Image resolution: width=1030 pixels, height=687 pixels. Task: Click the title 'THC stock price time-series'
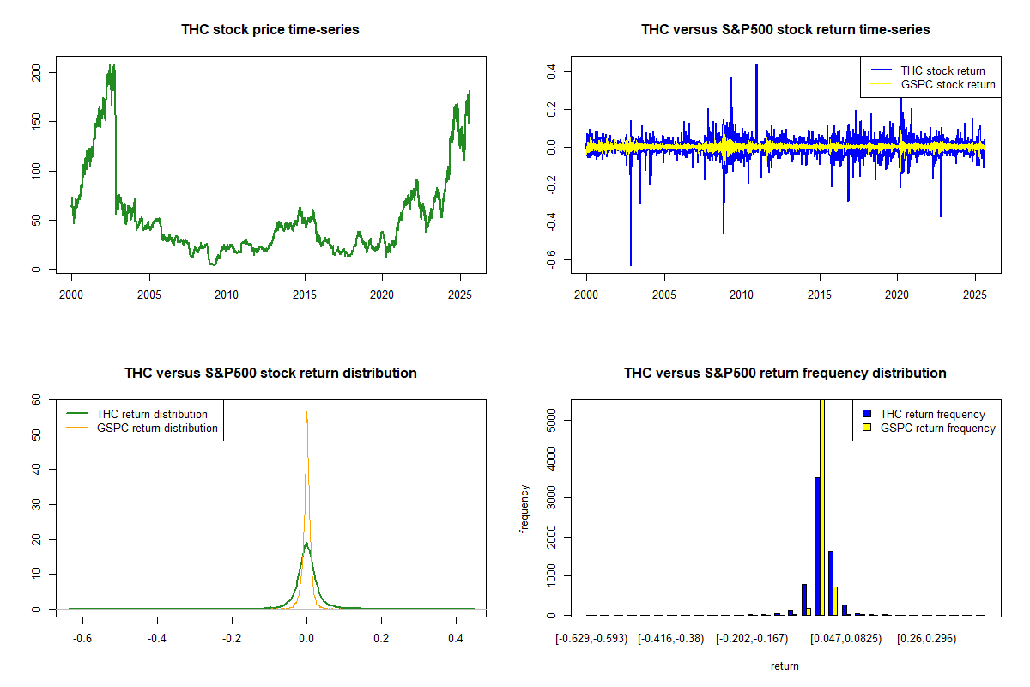[270, 30]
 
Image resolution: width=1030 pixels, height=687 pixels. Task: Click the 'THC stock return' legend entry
[942, 70]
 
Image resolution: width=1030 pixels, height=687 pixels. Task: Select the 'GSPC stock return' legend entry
[948, 85]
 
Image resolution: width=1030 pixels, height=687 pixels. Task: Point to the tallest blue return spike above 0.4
[756, 66]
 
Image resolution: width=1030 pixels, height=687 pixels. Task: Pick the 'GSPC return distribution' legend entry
[157, 428]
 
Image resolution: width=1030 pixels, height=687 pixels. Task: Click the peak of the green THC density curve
[306, 543]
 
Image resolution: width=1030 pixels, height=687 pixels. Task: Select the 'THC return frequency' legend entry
[932, 414]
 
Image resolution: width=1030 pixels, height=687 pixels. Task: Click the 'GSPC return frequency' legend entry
[937, 428]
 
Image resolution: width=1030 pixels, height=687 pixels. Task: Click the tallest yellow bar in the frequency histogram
[822, 507]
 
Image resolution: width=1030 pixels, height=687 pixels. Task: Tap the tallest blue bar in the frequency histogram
[817, 546]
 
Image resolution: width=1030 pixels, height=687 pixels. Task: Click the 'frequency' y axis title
[525, 509]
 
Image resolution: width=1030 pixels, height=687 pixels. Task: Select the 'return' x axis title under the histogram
[785, 666]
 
